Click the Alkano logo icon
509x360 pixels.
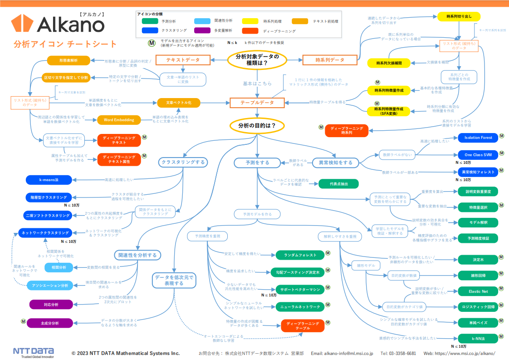pos(23,24)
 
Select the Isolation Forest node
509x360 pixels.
pos(478,138)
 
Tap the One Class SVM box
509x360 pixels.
pos(478,155)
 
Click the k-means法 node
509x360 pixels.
pos(48,180)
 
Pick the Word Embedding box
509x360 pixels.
pos(116,120)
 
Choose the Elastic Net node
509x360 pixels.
pos(478,291)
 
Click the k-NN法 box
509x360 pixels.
pos(478,339)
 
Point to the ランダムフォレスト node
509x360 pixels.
pos(300,255)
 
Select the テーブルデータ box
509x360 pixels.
pos(257,103)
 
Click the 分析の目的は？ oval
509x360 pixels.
pos(257,125)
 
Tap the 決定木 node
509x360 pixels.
pos(478,260)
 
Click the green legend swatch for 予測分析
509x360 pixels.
pos(150,21)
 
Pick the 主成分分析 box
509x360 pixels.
pos(50,323)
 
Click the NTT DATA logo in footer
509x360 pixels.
pos(33,352)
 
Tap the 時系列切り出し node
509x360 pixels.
pos(459,16)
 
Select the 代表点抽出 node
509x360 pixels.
pos(338,183)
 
